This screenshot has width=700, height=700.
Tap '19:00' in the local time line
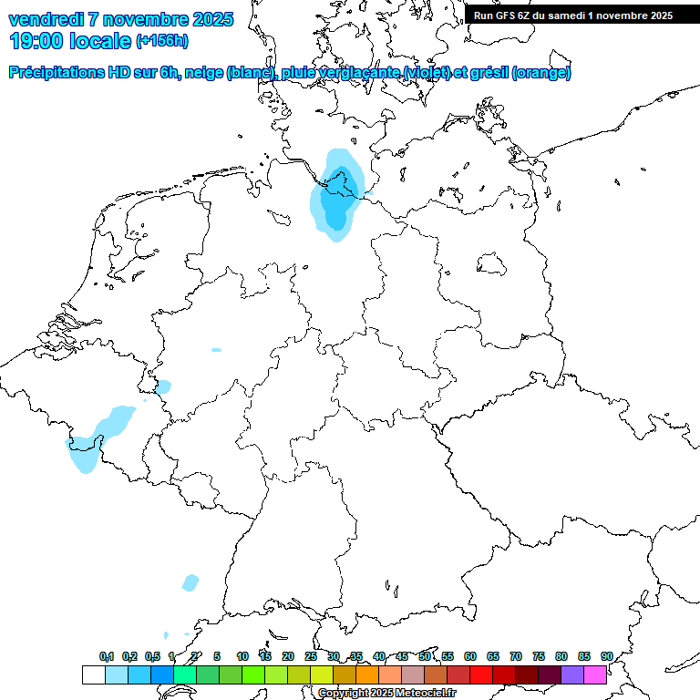pyautogui.click(x=36, y=41)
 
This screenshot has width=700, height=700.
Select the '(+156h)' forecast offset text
pyautogui.click(x=162, y=42)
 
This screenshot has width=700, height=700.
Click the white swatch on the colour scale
pyautogui.click(x=93, y=675)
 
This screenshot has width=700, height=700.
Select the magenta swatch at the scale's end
pyautogui.click(x=595, y=675)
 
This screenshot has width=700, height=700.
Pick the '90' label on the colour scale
pyautogui.click(x=606, y=656)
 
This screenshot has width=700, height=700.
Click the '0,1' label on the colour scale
pyautogui.click(x=107, y=656)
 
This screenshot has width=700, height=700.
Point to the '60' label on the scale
pyautogui.click(x=470, y=656)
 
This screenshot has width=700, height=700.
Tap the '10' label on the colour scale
pyautogui.click(x=242, y=656)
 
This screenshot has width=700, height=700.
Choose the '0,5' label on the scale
pyautogui.click(x=153, y=656)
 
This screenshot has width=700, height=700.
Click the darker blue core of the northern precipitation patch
pyautogui.click(x=338, y=205)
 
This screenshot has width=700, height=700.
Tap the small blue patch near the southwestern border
pyautogui.click(x=190, y=582)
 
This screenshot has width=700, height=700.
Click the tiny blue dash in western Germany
pyautogui.click(x=216, y=349)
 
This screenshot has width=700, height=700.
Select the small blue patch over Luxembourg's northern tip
pyautogui.click(x=163, y=387)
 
